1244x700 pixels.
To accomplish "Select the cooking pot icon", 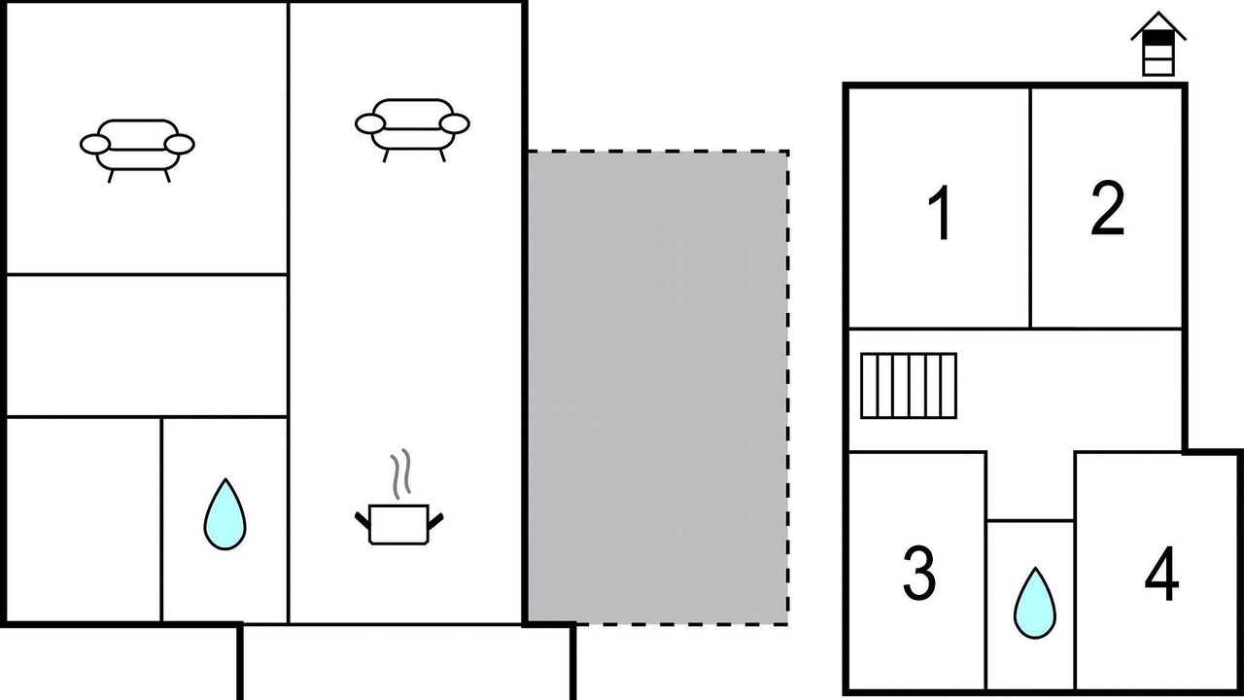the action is [398, 524].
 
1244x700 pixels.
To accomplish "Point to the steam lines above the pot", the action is [400, 473].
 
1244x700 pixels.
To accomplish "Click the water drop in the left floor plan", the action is [225, 515].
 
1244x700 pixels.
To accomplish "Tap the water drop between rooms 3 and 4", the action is [1035, 603].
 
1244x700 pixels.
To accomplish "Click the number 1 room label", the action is [940, 213].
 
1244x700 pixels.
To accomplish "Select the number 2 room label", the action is [1107, 208].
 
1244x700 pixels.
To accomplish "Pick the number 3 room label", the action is [919, 573].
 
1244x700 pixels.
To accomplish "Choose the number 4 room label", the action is [1161, 574].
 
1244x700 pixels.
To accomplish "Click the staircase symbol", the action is [909, 386].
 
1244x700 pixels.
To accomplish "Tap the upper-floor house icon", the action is [1158, 44].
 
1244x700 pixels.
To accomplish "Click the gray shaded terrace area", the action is [657, 387].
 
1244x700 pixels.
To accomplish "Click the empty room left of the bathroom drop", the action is [84, 520].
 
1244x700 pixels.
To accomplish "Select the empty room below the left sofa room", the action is [147, 345].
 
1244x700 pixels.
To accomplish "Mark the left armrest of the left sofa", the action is [95, 144].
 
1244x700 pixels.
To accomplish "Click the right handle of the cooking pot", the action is [435, 520].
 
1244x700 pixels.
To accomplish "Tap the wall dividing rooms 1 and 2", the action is [1031, 208].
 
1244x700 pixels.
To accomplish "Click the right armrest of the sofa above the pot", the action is [454, 123].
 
